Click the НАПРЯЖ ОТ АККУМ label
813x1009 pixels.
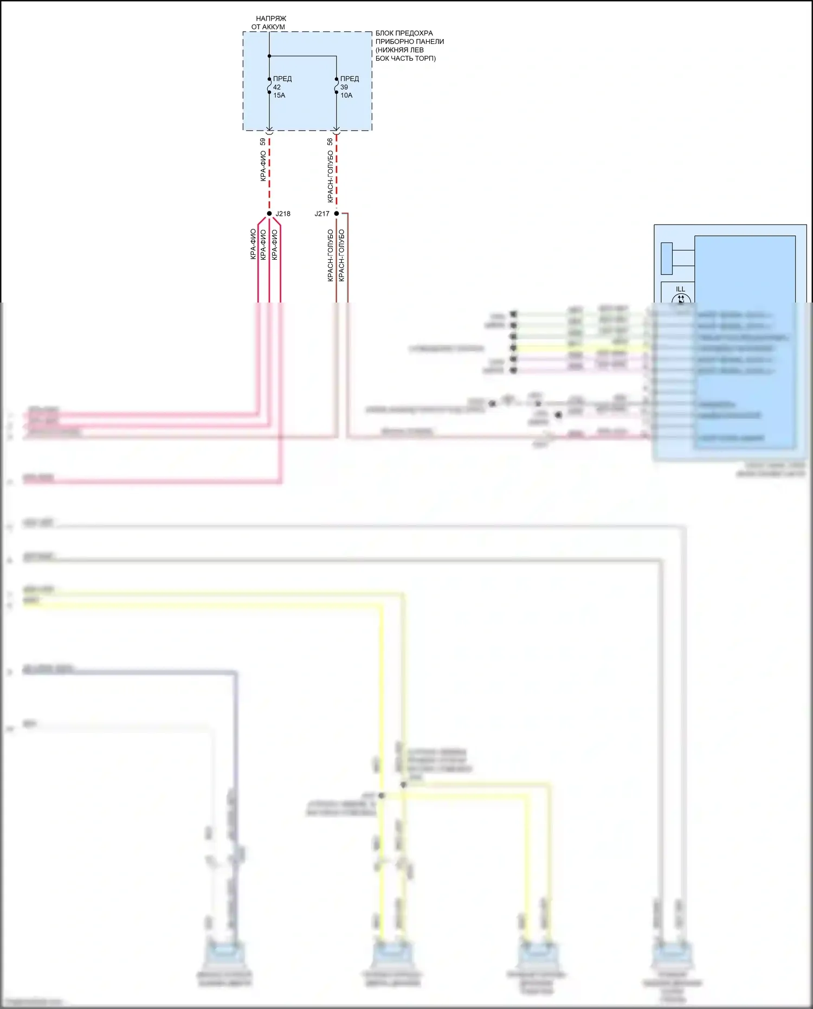[x=269, y=23]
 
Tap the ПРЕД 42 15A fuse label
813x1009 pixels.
[x=281, y=87]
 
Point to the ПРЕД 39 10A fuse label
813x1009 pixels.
[x=349, y=87]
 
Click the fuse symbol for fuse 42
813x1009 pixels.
[x=269, y=86]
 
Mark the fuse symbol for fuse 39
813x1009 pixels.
[x=337, y=86]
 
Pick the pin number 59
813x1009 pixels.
[x=263, y=142]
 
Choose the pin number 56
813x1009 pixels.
[x=330, y=142]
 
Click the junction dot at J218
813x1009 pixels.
[x=269, y=214]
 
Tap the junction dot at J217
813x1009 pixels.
[x=337, y=214]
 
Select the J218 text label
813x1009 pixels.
[x=283, y=214]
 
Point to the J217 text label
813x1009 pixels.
[x=322, y=214]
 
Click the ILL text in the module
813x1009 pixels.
[x=681, y=289]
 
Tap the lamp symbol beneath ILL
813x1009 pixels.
[x=681, y=299]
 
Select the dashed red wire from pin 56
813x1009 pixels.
[x=337, y=173]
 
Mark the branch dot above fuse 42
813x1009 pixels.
[x=269, y=56]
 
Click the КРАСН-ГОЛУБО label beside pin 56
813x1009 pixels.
[x=330, y=177]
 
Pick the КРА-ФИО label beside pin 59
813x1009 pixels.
[x=263, y=166]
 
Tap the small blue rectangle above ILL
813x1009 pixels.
[x=667, y=259]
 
